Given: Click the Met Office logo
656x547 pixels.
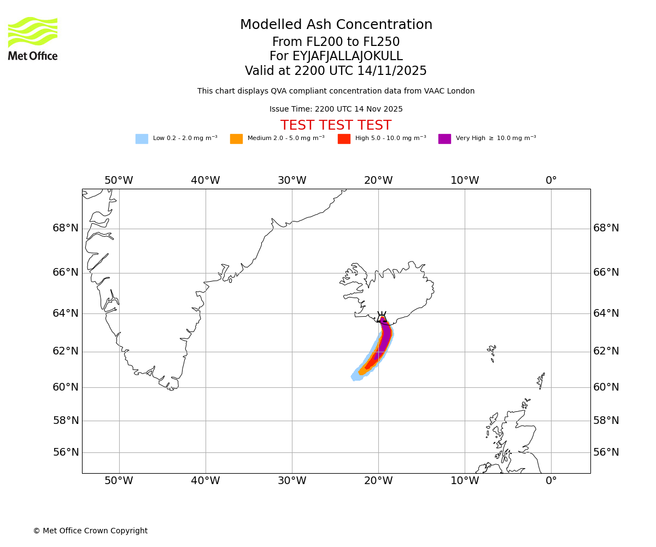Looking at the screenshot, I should click(33, 38).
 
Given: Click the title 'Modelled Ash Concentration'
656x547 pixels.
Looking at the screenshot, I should click(336, 25).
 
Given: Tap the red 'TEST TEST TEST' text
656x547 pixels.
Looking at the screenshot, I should click(336, 125).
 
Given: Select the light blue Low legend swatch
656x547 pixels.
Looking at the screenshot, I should click(142, 139).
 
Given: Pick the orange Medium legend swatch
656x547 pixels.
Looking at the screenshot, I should click(236, 139).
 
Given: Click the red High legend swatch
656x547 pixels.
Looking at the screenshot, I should click(344, 139).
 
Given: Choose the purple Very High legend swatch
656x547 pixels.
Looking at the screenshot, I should click(444, 139).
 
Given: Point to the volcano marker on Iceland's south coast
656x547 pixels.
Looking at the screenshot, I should click(382, 318).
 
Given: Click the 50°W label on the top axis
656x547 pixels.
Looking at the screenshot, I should click(119, 181).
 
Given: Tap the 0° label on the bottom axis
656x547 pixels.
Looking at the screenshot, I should click(551, 481).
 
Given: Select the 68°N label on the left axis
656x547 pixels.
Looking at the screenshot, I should click(66, 228).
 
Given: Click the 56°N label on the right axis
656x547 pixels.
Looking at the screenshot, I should click(606, 452).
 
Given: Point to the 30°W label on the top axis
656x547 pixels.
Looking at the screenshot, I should click(292, 181).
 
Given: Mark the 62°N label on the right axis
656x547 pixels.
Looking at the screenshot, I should click(606, 351).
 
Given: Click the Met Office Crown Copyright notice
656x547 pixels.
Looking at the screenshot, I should click(90, 531).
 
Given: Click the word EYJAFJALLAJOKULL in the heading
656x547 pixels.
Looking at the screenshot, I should click(348, 56).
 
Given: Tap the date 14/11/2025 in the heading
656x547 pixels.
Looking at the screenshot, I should click(392, 71).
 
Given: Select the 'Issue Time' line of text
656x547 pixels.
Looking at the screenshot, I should click(336, 109).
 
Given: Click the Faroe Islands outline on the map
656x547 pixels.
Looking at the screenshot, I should click(492, 352).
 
